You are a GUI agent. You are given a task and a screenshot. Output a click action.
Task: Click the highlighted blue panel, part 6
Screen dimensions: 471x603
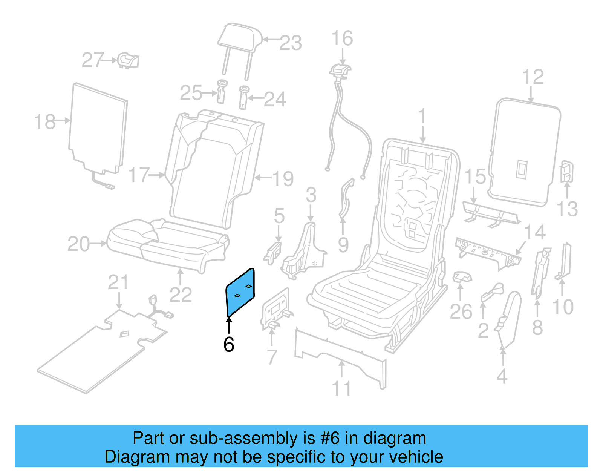tap(240, 292)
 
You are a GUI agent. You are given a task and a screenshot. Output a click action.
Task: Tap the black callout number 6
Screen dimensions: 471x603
tap(229, 345)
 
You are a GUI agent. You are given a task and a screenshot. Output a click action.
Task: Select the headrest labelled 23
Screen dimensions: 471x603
tap(240, 38)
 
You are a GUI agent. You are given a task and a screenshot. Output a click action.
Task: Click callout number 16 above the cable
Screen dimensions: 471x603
tap(342, 38)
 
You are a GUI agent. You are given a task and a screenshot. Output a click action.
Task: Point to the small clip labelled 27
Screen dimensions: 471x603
tap(129, 60)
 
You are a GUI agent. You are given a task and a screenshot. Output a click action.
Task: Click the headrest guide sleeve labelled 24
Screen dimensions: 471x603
tap(243, 97)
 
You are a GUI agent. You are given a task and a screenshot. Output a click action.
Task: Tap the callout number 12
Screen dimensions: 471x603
tap(533, 77)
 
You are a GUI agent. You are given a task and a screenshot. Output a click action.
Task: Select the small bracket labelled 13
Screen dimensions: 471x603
tap(566, 171)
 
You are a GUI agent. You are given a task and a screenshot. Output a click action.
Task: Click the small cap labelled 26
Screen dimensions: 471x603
tap(462, 278)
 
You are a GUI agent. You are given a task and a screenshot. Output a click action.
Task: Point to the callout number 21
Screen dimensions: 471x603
tap(118, 282)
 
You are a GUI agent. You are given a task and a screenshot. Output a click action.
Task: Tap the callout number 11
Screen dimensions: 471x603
tap(341, 388)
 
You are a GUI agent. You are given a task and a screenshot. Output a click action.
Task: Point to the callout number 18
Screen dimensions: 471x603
tap(45, 122)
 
